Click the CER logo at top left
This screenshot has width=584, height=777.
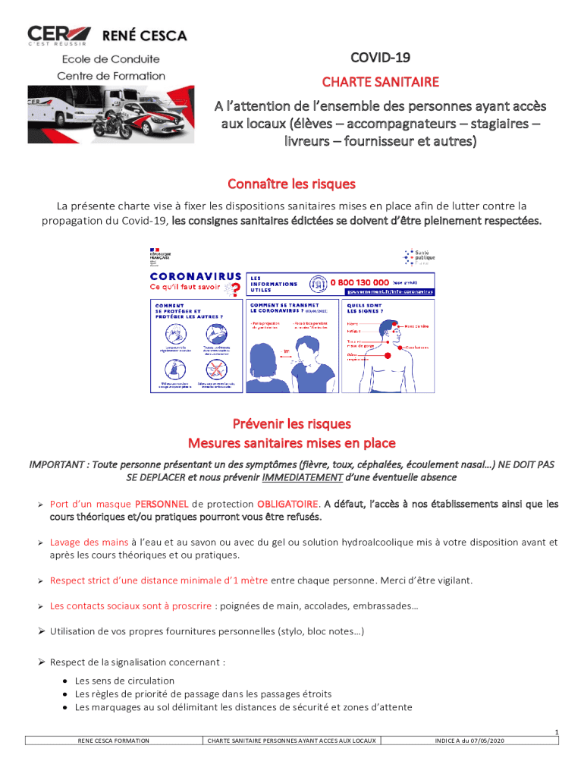(x=59, y=35)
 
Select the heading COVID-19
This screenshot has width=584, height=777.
(x=379, y=58)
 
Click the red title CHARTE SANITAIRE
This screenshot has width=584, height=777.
(x=380, y=81)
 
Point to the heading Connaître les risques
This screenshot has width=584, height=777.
(x=292, y=184)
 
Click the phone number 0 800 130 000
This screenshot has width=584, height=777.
(x=360, y=282)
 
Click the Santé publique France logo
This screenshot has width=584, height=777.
(x=419, y=257)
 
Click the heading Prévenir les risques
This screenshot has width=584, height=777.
(x=292, y=423)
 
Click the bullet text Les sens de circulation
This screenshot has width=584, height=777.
(x=124, y=681)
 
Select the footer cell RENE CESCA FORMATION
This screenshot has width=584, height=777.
(x=114, y=740)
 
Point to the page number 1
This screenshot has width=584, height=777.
(x=556, y=731)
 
